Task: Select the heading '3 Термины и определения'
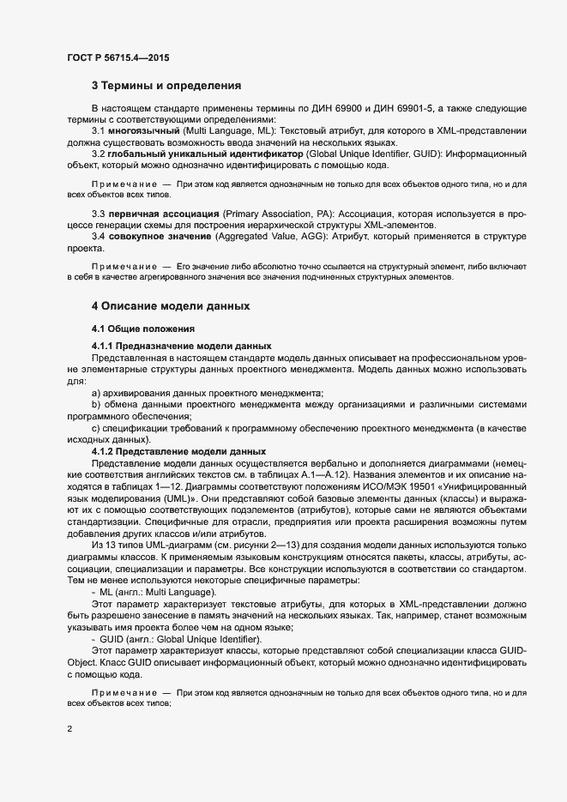[x=166, y=86]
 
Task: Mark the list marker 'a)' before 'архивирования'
[x=95, y=392]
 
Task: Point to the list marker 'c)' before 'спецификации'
[x=95, y=427]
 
